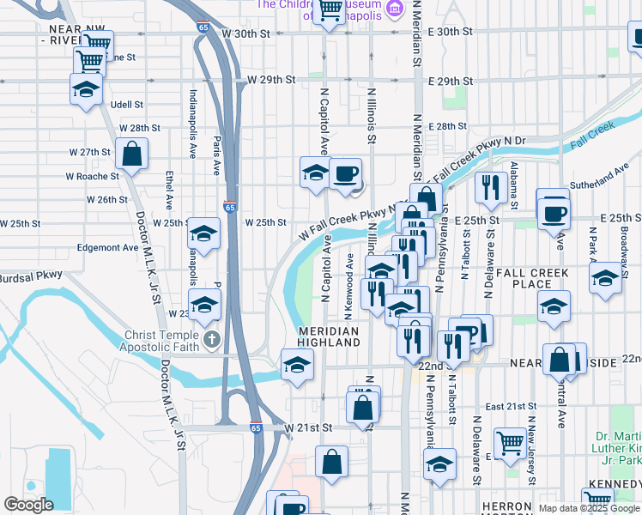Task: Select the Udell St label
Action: click(126, 105)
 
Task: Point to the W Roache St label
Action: click(92, 176)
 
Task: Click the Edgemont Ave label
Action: click(107, 247)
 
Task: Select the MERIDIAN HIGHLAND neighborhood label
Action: click(329, 336)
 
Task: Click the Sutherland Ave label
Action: click(605, 178)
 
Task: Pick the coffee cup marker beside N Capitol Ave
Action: click(345, 174)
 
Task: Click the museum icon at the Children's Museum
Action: click(395, 9)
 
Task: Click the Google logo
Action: click(28, 505)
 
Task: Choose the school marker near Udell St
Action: click(86, 89)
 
